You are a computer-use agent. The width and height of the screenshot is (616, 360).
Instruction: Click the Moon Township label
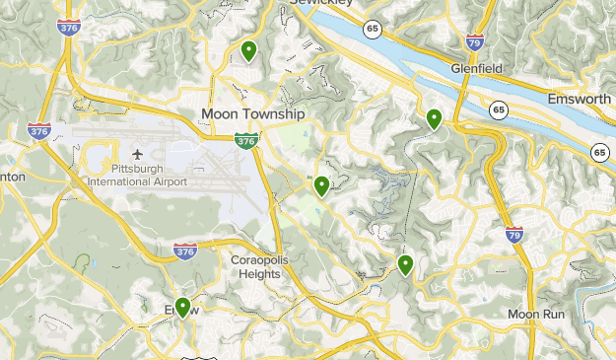(253, 114)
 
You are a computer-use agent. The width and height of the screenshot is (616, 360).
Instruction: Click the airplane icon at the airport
(136, 155)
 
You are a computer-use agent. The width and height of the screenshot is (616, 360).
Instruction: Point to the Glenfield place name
(477, 69)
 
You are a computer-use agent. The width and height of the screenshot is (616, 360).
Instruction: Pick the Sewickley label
(323, 3)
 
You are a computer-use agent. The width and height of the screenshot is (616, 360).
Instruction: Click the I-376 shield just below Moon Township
(246, 141)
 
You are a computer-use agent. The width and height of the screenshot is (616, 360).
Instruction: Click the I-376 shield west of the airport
(39, 129)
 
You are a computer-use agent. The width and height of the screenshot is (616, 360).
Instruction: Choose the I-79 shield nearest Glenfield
(474, 40)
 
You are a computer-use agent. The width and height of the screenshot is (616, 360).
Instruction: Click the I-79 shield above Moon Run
(513, 236)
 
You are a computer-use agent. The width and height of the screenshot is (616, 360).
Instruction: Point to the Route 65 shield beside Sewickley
(372, 30)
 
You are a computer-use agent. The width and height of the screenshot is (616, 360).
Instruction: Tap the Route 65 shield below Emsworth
(599, 152)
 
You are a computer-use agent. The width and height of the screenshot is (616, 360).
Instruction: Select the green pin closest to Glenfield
(434, 119)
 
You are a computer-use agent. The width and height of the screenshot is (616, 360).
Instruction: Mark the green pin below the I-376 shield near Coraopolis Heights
(182, 308)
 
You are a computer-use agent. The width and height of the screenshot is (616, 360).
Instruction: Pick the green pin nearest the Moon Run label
(405, 264)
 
